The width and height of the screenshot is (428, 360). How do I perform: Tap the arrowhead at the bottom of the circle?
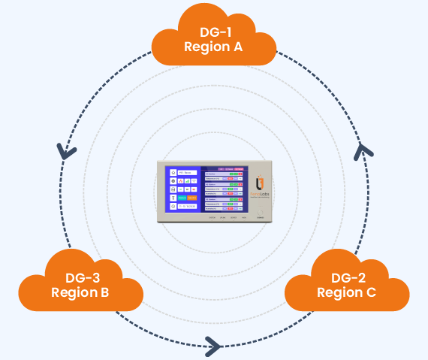212,346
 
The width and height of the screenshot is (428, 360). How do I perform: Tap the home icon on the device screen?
173,171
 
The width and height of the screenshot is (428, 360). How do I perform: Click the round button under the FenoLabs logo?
260,213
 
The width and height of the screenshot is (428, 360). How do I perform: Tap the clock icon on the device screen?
173,207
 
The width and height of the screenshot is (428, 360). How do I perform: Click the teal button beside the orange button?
182,198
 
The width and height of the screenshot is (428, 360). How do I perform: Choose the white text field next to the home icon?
187,171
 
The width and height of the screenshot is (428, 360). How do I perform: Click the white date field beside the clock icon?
187,207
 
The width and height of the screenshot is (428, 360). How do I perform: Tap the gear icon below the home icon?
173,180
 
